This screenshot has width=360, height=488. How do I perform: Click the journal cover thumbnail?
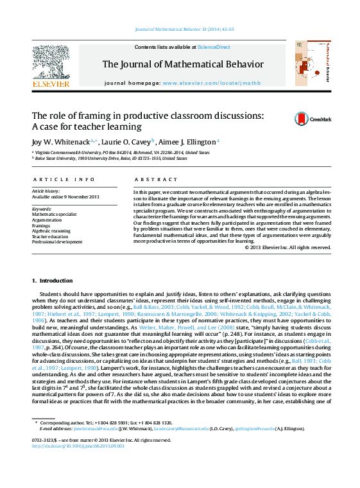[311, 64]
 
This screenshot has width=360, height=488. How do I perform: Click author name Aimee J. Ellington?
[189, 141]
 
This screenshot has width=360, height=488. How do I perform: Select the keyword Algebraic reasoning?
[51, 231]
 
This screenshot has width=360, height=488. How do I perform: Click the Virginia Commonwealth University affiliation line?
[122, 153]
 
